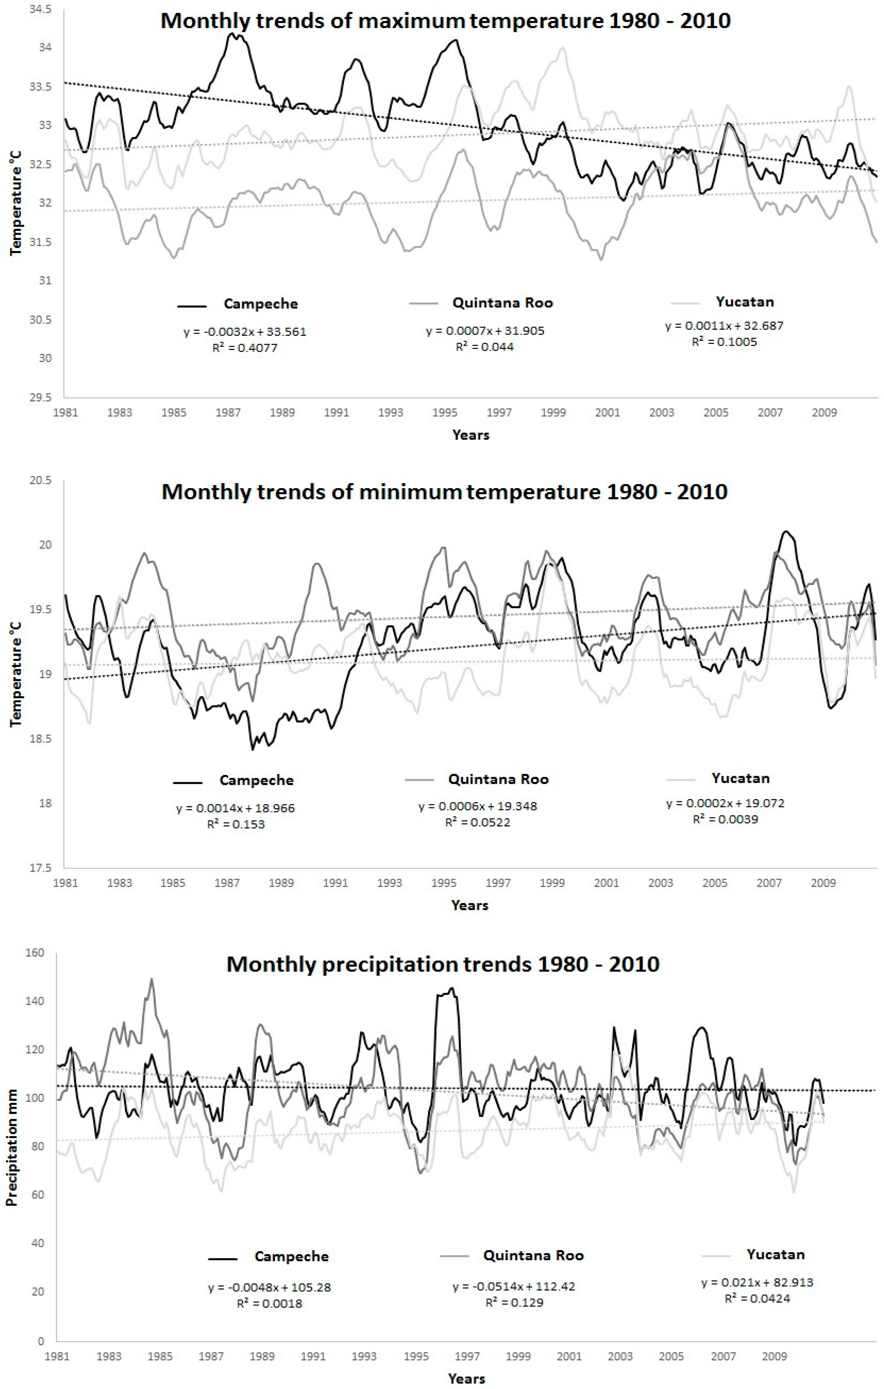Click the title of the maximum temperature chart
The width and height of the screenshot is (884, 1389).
(x=445, y=21)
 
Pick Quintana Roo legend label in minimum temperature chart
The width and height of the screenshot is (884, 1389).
(x=498, y=779)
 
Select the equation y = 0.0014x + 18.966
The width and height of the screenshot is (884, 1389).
(x=235, y=808)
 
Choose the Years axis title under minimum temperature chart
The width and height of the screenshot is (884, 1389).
(x=469, y=905)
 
